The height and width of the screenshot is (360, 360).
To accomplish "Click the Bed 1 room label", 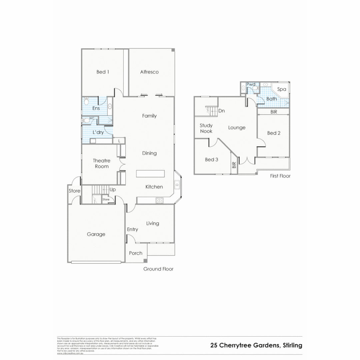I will tap(102, 72).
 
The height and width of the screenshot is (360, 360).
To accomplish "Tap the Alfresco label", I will tap(149, 72).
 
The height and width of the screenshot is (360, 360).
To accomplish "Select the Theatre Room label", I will tap(101, 164).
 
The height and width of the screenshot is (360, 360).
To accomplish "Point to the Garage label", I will tap(96, 234).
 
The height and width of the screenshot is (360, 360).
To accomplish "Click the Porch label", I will tap(136, 253).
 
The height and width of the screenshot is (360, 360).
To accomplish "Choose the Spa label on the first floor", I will tap(282, 89).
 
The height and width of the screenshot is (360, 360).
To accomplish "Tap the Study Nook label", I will tap(206, 128).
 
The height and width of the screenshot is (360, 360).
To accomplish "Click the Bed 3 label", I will tap(211, 160).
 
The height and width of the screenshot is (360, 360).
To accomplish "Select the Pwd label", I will tap(251, 84).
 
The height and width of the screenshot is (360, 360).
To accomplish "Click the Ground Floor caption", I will tap(158, 269).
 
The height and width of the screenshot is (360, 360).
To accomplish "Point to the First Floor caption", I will tap(280, 176).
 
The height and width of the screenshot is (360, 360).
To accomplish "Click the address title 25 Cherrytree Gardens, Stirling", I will tap(256, 345).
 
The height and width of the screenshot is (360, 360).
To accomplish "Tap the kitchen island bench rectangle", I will tap(150, 174).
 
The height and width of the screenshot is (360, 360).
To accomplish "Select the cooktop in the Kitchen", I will tap(160, 200).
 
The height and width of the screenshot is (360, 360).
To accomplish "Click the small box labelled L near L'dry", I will tap(119, 141).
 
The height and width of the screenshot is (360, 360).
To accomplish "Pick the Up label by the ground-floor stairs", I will tap(112, 190).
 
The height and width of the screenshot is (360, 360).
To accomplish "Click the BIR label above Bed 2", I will tap(274, 112).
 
